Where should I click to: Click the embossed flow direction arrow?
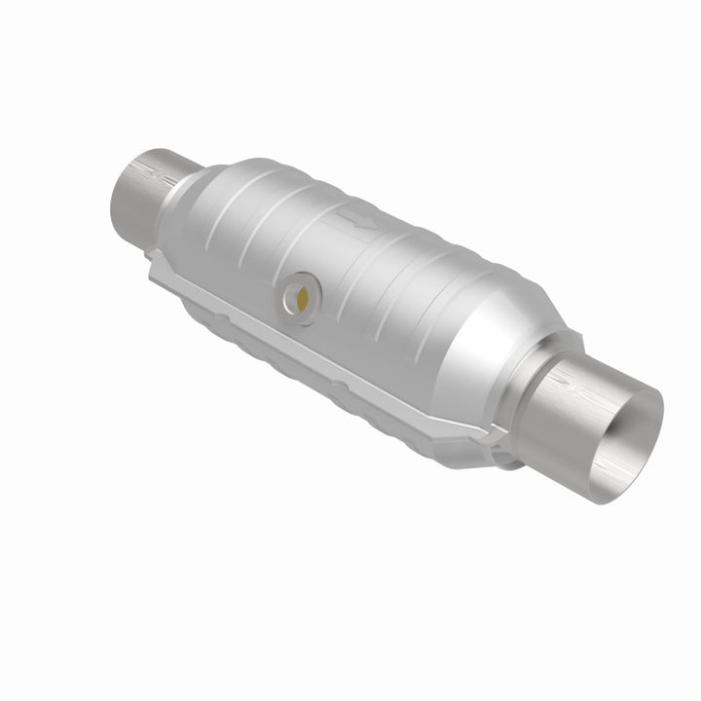click(x=359, y=220)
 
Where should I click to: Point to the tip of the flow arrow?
click(x=374, y=226)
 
